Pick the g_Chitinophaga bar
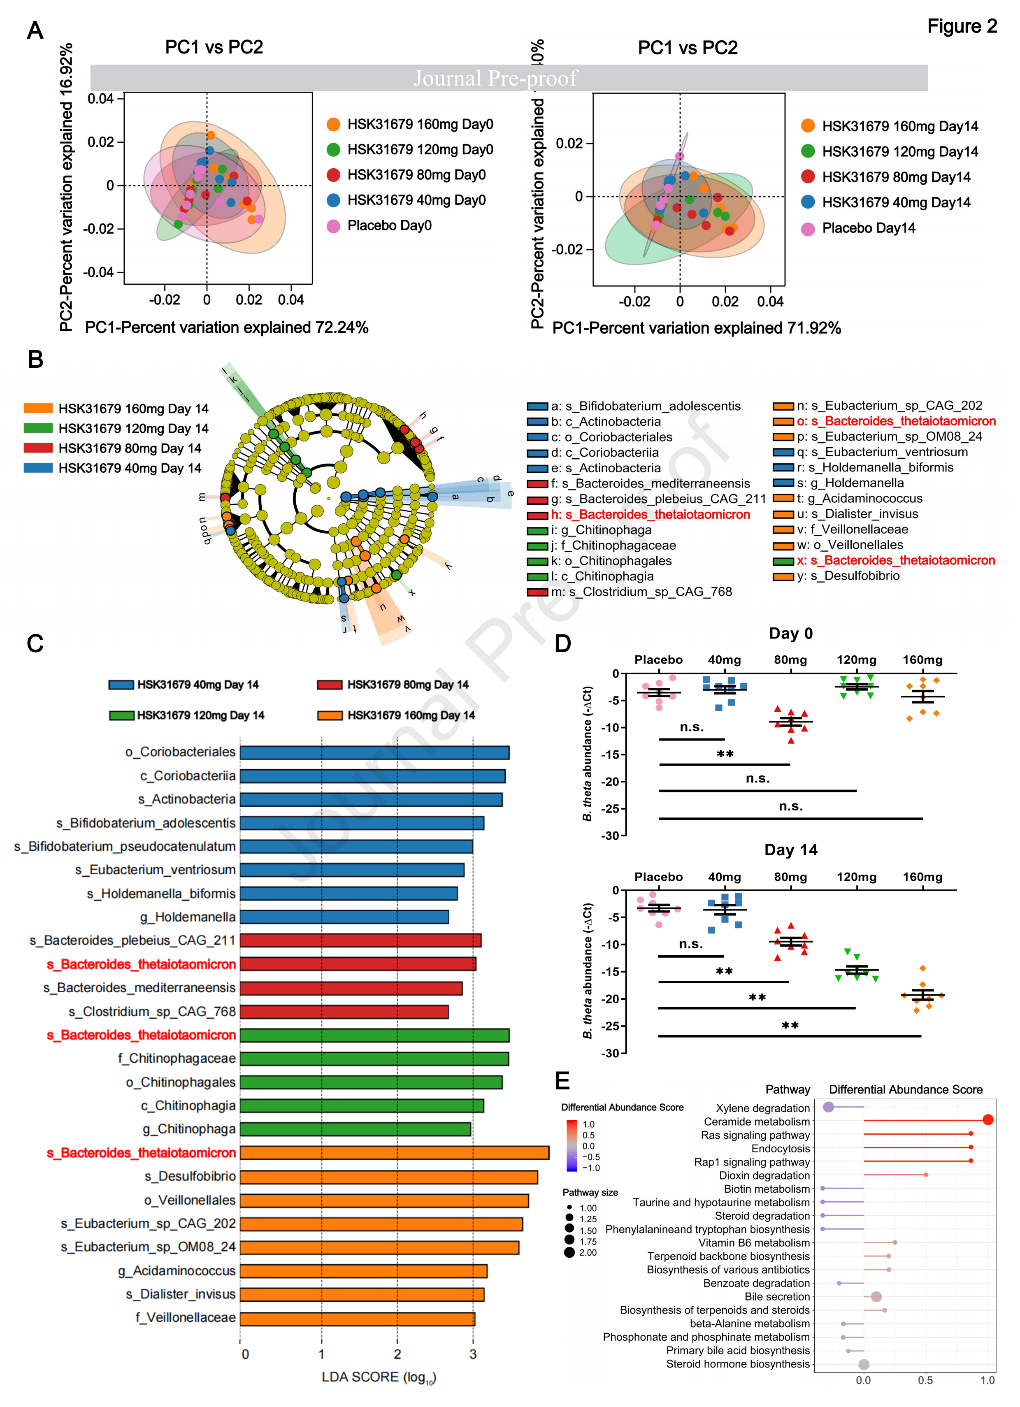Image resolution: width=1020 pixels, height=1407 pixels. [x=355, y=1129]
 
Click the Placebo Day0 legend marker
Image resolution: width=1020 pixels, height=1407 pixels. [x=333, y=226]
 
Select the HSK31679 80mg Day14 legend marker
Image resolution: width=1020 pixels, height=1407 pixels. [x=807, y=177]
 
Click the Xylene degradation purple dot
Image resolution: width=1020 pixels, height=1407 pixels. [x=828, y=1107]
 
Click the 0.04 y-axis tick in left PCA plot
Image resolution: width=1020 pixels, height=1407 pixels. [x=100, y=99]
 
